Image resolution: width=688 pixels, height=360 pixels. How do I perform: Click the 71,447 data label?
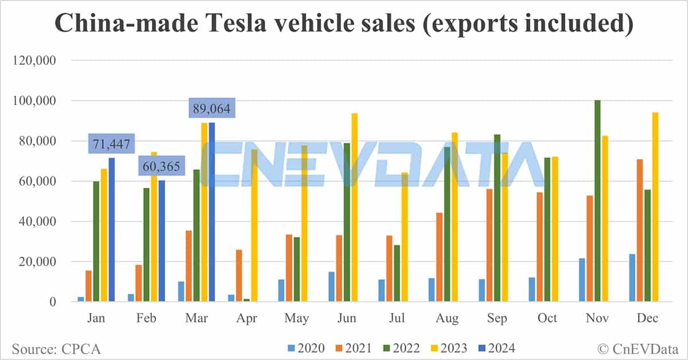(x=111, y=143)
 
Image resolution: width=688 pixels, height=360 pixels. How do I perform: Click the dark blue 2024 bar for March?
(x=212, y=212)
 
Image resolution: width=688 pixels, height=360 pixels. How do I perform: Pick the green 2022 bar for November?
(x=597, y=201)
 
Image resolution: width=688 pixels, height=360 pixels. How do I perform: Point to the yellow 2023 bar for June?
(x=354, y=207)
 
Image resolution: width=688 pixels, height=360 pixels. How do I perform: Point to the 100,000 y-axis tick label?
(x=35, y=101)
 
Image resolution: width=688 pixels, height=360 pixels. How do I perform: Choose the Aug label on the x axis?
(x=447, y=318)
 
